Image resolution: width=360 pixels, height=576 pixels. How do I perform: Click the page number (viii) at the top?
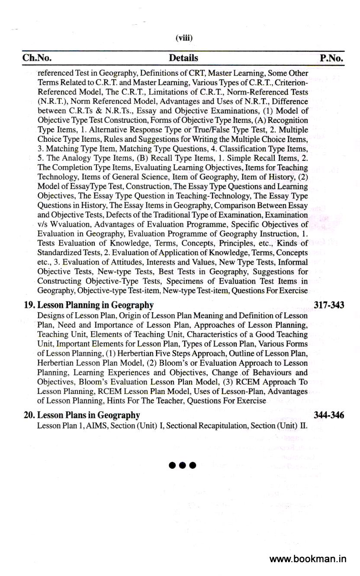point(184,38)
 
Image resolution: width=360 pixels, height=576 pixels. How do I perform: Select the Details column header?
point(183,58)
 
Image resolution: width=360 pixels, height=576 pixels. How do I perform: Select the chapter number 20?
point(29,415)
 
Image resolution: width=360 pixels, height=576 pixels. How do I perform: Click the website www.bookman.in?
point(308,559)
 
